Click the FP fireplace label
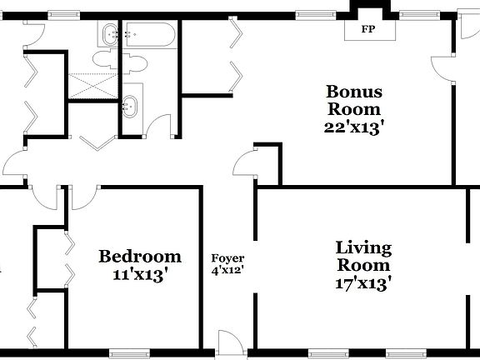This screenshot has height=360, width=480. pyautogui.click(x=366, y=31)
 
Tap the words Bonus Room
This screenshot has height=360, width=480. pyautogui.click(x=353, y=99)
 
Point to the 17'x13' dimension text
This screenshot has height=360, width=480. pyautogui.click(x=362, y=283)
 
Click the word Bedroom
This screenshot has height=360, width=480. pyautogui.click(x=139, y=256)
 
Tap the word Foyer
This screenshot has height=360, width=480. pyautogui.click(x=227, y=257)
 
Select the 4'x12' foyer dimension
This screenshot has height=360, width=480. pyautogui.click(x=227, y=270)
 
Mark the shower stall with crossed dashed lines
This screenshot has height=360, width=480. pyautogui.click(x=92, y=83)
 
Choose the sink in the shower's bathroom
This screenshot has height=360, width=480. pyautogui.click(x=130, y=107)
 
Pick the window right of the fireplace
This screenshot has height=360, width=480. pyautogui.click(x=412, y=13)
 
